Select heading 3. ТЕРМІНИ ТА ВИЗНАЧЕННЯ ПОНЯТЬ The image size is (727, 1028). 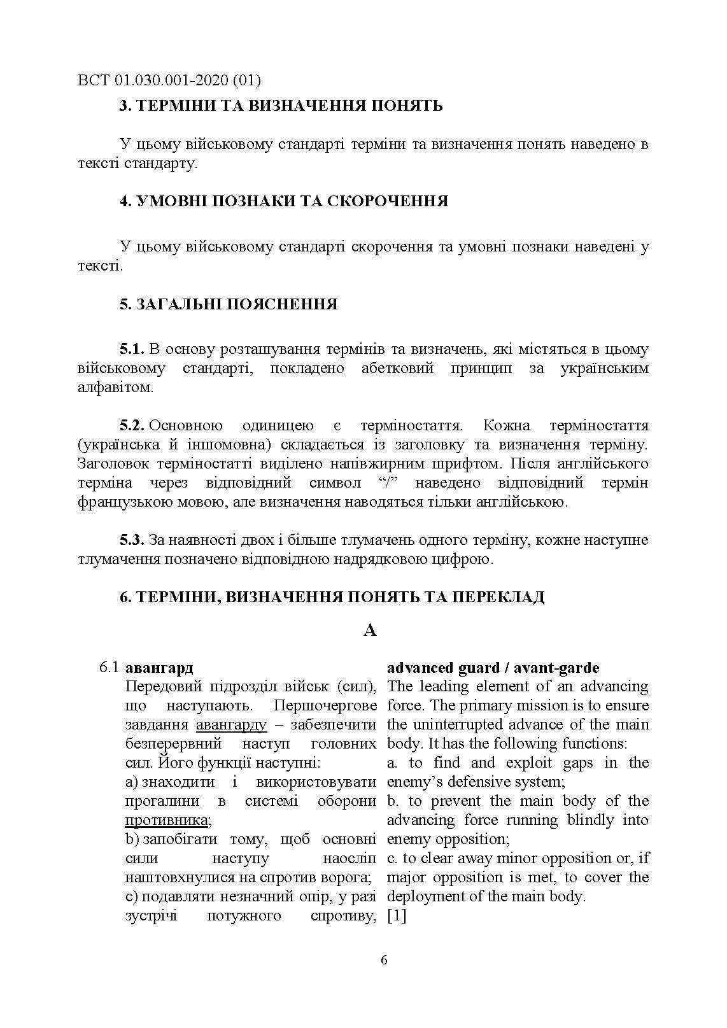[x=281, y=106]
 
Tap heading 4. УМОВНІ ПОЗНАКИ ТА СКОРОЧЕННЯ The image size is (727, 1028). [x=284, y=201]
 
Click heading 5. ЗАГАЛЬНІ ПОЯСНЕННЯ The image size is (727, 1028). [x=229, y=304]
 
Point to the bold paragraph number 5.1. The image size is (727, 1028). [x=132, y=349]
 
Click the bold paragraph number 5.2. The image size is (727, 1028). [x=132, y=425]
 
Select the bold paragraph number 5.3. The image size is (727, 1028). [x=132, y=540]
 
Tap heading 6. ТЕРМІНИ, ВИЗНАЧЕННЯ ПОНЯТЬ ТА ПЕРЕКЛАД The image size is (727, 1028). [x=332, y=597]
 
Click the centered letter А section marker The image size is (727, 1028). [x=370, y=630]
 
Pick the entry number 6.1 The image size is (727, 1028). [x=109, y=668]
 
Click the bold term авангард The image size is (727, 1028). [x=159, y=668]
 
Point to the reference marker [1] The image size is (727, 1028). [x=397, y=916]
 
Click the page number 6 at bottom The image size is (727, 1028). [x=383, y=961]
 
